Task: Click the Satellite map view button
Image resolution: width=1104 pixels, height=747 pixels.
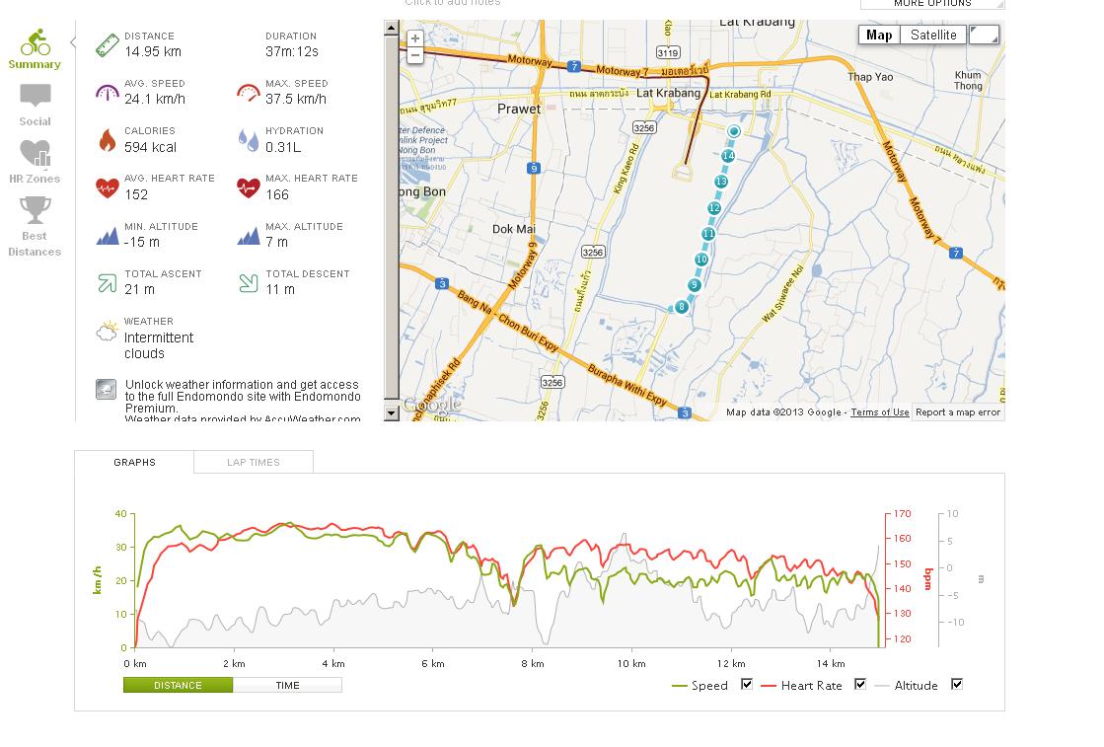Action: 932,36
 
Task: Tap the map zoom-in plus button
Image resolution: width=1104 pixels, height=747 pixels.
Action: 415,38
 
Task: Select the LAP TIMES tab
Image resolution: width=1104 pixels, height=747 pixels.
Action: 254,462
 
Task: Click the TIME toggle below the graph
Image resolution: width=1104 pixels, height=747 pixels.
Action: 287,685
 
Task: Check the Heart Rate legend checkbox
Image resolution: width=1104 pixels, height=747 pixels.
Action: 860,684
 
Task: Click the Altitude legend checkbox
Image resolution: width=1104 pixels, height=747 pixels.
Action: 956,684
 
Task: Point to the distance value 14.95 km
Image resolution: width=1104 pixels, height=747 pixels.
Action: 152,51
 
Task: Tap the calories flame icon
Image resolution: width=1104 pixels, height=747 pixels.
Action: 107,140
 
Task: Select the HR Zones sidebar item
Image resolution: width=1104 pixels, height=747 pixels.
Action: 35,161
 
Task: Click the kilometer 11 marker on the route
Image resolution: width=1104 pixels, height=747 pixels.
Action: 708,234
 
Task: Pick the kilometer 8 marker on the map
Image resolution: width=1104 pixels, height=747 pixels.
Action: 681,307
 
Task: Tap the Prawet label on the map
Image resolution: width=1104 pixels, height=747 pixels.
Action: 519,109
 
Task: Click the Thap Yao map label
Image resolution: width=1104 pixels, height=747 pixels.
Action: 870,77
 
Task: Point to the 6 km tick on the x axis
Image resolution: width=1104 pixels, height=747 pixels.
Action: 432,663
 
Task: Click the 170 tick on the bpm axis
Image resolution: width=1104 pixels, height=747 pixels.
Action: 903,514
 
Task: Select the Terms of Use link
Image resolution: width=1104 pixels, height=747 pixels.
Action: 880,412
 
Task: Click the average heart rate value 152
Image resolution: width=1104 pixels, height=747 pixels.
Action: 136,194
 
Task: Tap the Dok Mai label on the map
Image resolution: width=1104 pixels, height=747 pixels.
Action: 513,229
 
